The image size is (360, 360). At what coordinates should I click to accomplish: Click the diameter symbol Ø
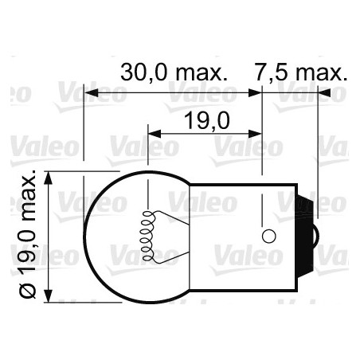pos(30,292)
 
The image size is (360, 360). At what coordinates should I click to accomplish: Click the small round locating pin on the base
pos(268,236)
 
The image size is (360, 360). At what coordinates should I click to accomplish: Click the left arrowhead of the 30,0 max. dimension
pos(90,92)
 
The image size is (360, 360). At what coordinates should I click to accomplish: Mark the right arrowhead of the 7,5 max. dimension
pos(323,92)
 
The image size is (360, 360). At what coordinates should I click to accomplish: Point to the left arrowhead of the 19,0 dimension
pos(154,133)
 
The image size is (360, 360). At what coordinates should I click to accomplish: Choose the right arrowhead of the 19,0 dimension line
pos(258,133)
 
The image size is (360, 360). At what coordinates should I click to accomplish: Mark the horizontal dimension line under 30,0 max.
pos(175,93)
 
